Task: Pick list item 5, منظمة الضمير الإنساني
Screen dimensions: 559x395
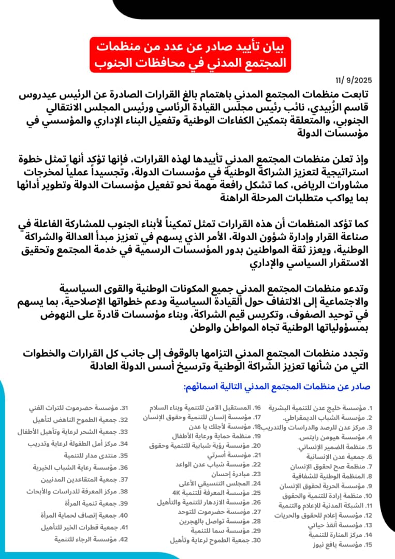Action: [x=337, y=447]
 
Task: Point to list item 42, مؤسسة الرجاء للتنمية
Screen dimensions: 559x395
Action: [x=91, y=539]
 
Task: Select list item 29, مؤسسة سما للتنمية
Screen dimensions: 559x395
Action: [x=223, y=531]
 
